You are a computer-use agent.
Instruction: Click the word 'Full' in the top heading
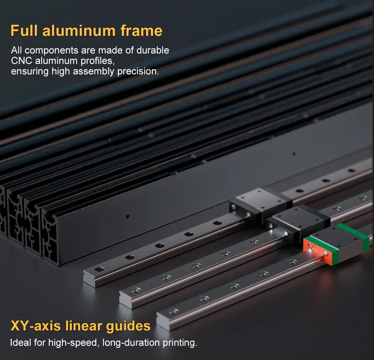24,31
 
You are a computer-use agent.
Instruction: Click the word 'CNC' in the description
21,61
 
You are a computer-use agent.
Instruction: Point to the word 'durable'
153,50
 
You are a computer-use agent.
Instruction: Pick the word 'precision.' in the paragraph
138,71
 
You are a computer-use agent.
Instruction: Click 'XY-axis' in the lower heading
36,326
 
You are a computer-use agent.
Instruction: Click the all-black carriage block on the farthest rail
260,205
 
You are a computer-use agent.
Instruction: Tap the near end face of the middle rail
125,300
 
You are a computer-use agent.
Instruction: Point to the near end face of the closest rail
163,322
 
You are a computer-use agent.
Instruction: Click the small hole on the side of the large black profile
128,216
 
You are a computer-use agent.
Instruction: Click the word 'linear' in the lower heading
83,326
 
